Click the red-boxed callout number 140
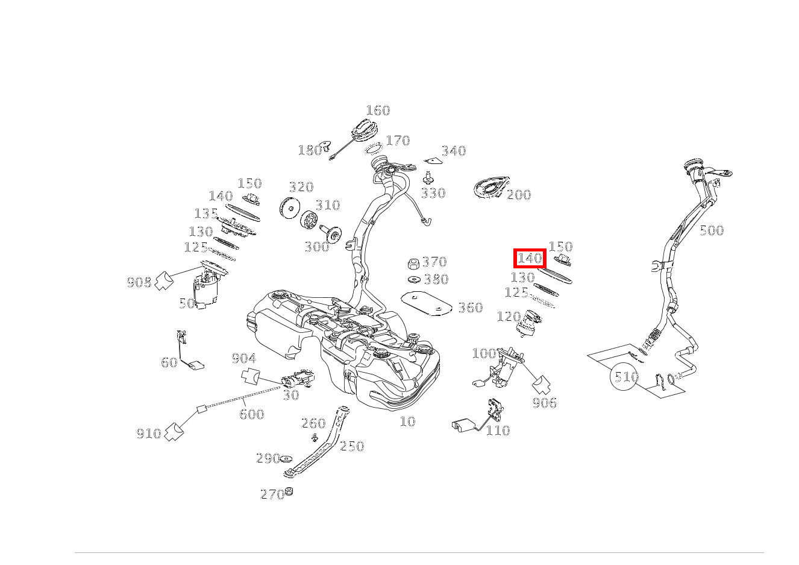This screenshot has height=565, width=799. coord(530,258)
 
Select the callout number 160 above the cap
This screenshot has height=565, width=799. coord(378,110)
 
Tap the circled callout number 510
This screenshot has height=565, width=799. coord(624,376)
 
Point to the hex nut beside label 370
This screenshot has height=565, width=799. coord(413,263)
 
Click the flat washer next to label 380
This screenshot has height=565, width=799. coord(414,279)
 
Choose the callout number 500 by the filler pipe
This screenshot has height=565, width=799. coord(712,230)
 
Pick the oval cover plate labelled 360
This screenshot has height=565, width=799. coord(427,303)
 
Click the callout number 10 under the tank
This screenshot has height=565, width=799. coord(407,421)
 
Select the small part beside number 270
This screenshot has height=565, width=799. coord(289,491)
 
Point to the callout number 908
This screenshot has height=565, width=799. coord(139,283)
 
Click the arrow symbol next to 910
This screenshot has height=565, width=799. coord(174,432)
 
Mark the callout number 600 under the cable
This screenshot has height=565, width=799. coord(251,414)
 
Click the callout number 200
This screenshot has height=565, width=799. coord(519,195)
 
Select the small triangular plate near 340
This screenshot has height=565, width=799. coord(433,161)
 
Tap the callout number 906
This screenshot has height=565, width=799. coord(544,403)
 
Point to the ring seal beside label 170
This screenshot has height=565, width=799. coord(374,149)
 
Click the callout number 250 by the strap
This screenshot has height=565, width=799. coord(352,446)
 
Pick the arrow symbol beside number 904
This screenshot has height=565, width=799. coord(251,376)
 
